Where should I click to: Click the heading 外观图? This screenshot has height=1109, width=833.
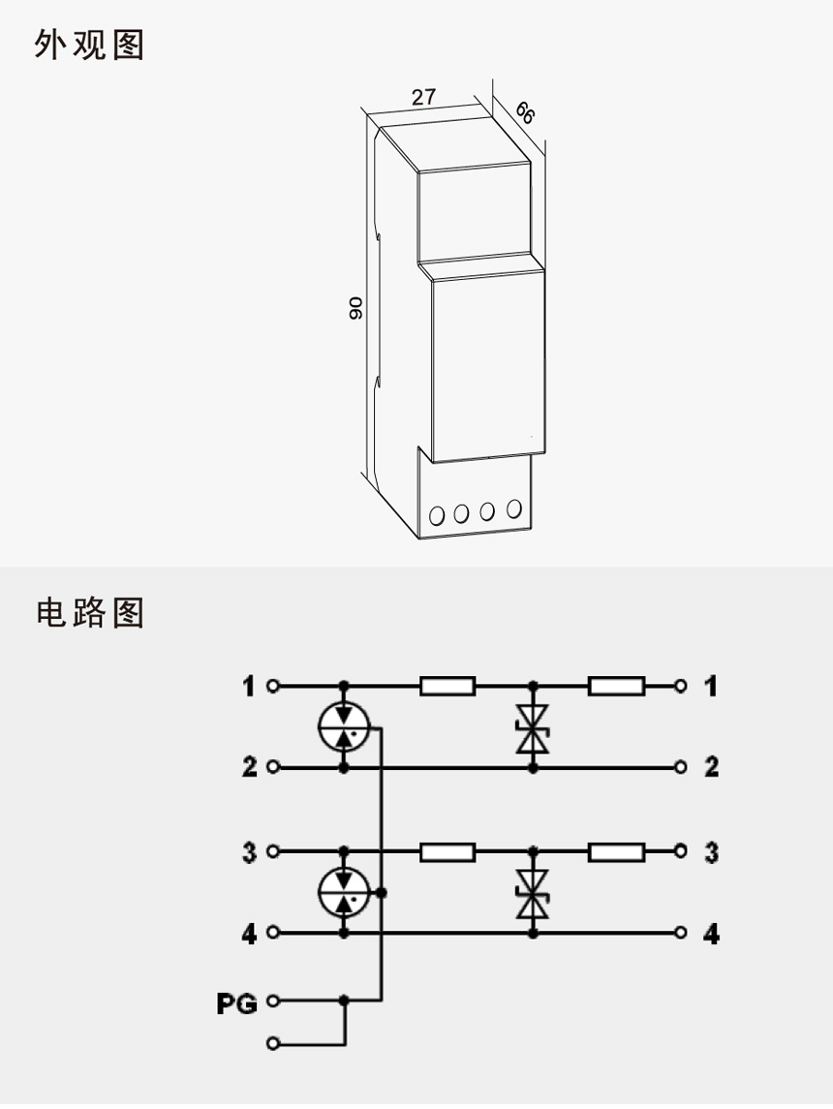point(89,46)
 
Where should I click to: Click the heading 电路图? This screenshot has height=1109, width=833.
point(89,612)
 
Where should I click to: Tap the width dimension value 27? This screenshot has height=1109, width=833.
point(423,97)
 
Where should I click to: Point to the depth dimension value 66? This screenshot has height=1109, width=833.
point(523,112)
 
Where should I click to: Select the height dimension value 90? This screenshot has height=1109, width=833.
point(355,308)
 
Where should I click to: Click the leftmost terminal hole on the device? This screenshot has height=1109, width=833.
point(437,515)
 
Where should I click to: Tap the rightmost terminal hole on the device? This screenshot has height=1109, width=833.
point(513,508)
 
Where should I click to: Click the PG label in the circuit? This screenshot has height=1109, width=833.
point(236,1004)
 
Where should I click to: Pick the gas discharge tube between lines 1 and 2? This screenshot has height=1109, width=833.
point(345,727)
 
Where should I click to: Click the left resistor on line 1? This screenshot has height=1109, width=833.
point(447,687)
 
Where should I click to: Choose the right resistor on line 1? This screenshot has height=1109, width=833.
point(616,687)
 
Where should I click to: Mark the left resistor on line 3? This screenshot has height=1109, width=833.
point(447,852)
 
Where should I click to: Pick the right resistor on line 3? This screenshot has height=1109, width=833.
point(616,852)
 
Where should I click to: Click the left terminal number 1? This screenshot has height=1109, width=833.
point(249,687)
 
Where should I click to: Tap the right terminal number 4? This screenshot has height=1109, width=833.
point(711,935)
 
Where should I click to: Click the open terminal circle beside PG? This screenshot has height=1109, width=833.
point(272,1001)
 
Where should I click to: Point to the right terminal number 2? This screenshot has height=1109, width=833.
point(711,768)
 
